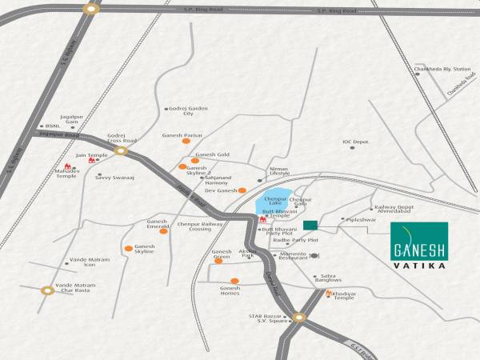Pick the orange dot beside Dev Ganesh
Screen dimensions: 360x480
(242, 190)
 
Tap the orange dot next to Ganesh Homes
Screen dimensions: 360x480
(234, 281)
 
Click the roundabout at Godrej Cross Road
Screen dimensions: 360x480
(121, 150)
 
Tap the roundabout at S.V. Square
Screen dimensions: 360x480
(299, 318)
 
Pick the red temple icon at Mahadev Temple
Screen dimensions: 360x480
(68, 169)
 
